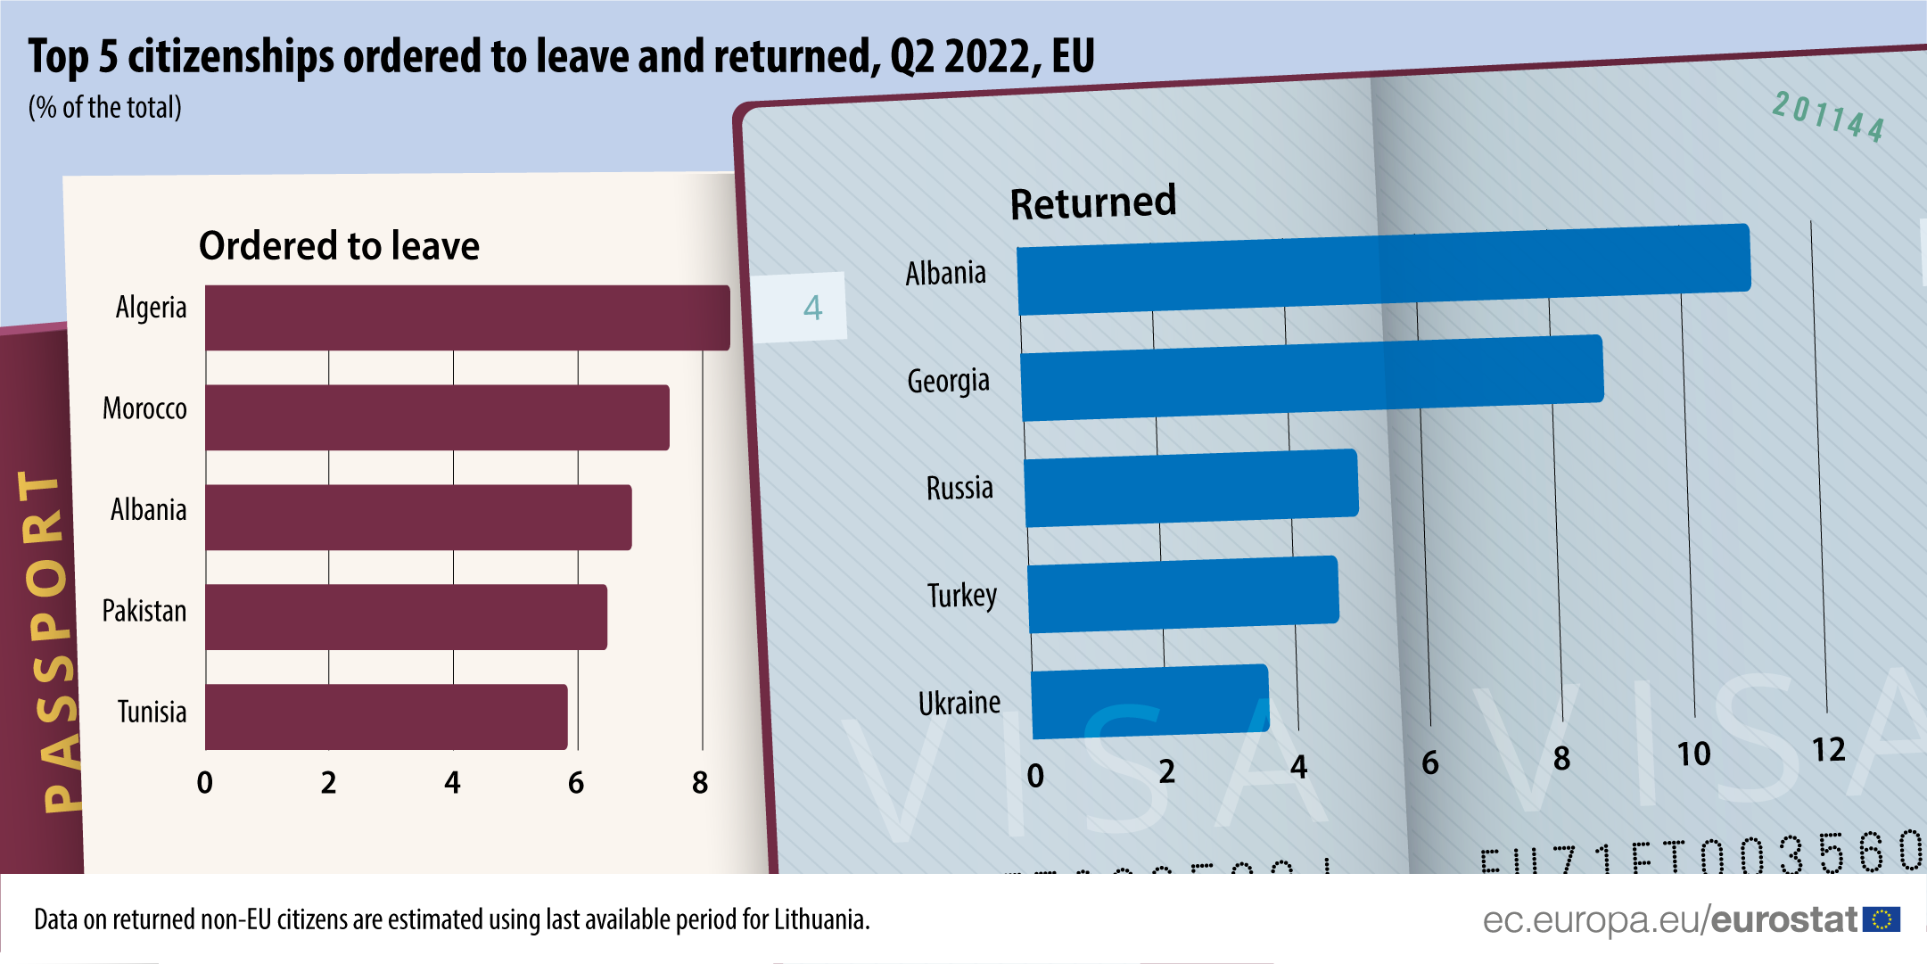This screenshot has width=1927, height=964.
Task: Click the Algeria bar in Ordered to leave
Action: pos(467,317)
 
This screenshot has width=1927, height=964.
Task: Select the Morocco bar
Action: pos(437,417)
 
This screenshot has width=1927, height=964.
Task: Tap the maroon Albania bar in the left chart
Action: pos(418,517)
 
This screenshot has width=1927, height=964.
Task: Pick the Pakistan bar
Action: pos(406,617)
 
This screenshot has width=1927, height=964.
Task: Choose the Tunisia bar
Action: pos(386,717)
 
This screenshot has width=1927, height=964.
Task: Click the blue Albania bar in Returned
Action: pos(1383,269)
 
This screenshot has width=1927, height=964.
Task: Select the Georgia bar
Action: pos(1312,377)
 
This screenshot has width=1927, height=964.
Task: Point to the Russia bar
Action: pos(1191,488)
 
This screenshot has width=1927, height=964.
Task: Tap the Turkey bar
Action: pos(1183,594)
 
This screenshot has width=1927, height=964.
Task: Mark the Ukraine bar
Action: pos(1150,702)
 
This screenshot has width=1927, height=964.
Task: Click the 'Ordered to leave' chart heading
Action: pos(339,245)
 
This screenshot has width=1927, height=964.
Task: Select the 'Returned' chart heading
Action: pos(1093,202)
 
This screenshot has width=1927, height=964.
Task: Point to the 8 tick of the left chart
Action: pos(700,783)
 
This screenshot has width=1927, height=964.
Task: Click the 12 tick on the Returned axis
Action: pos(1828,750)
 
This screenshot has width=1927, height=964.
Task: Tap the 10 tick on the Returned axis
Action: pos(1693,754)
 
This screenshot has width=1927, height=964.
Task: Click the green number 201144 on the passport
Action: pos(1828,117)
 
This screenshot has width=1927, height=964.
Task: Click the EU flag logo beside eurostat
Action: pos(1882,919)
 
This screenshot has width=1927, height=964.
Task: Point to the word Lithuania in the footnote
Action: pos(820,919)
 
